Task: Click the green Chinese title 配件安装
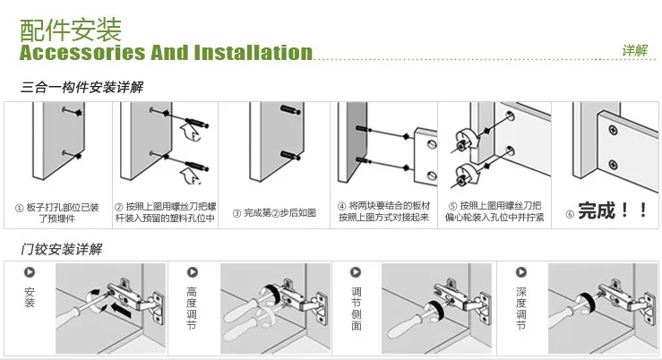[71, 30]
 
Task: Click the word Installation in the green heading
[254, 53]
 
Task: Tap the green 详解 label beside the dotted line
[634, 51]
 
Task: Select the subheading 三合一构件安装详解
[82, 88]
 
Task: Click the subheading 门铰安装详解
[61, 249]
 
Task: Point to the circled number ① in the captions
[19, 208]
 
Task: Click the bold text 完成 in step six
[597, 210]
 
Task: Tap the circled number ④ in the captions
[342, 206]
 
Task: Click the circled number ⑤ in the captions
[452, 206]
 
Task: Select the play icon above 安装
[30, 272]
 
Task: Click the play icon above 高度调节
[193, 272]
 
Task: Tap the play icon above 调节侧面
[356, 272]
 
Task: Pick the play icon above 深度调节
[521, 272]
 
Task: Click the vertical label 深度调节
[521, 309]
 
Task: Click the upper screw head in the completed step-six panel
[613, 131]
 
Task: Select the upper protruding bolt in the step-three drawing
[290, 110]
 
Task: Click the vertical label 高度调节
[192, 309]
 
